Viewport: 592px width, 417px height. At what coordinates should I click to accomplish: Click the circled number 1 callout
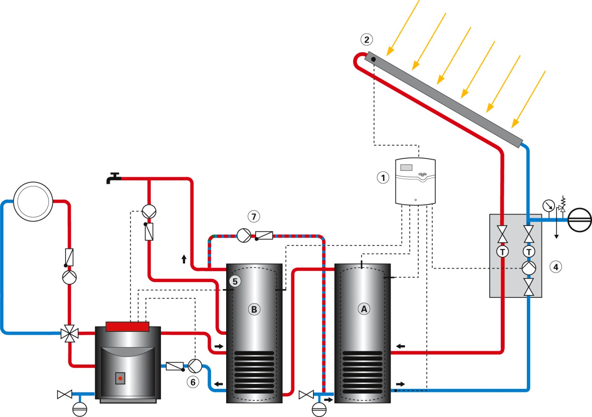(383, 178)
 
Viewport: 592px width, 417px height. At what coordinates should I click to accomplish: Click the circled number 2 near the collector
(367, 39)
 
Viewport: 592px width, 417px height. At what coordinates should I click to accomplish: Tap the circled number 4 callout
(556, 267)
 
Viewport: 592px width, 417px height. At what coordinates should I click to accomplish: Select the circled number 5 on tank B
(235, 282)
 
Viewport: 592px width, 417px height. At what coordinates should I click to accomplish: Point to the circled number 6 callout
(193, 382)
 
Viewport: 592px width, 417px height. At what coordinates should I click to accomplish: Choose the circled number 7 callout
(254, 216)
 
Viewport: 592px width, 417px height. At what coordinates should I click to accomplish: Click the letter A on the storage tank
(364, 309)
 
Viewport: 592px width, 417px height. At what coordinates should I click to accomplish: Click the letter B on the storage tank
(254, 309)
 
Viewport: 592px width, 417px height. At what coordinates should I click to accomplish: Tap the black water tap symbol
(113, 178)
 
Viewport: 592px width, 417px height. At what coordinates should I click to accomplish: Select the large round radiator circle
(33, 201)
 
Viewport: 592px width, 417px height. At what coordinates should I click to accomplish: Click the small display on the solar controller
(406, 167)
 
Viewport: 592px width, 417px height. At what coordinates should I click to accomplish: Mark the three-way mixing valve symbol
(69, 334)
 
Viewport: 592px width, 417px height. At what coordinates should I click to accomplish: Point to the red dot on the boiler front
(120, 378)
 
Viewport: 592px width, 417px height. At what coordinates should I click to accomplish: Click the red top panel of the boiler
(127, 326)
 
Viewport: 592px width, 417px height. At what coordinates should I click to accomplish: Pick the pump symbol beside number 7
(244, 236)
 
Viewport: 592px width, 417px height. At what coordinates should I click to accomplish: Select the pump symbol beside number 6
(195, 366)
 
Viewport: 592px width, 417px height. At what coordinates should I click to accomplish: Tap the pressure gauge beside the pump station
(549, 206)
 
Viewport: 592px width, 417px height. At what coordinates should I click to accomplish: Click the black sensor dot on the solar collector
(373, 59)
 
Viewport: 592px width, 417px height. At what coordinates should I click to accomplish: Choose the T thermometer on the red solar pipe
(502, 252)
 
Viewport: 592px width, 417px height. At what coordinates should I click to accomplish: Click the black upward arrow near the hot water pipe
(184, 259)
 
